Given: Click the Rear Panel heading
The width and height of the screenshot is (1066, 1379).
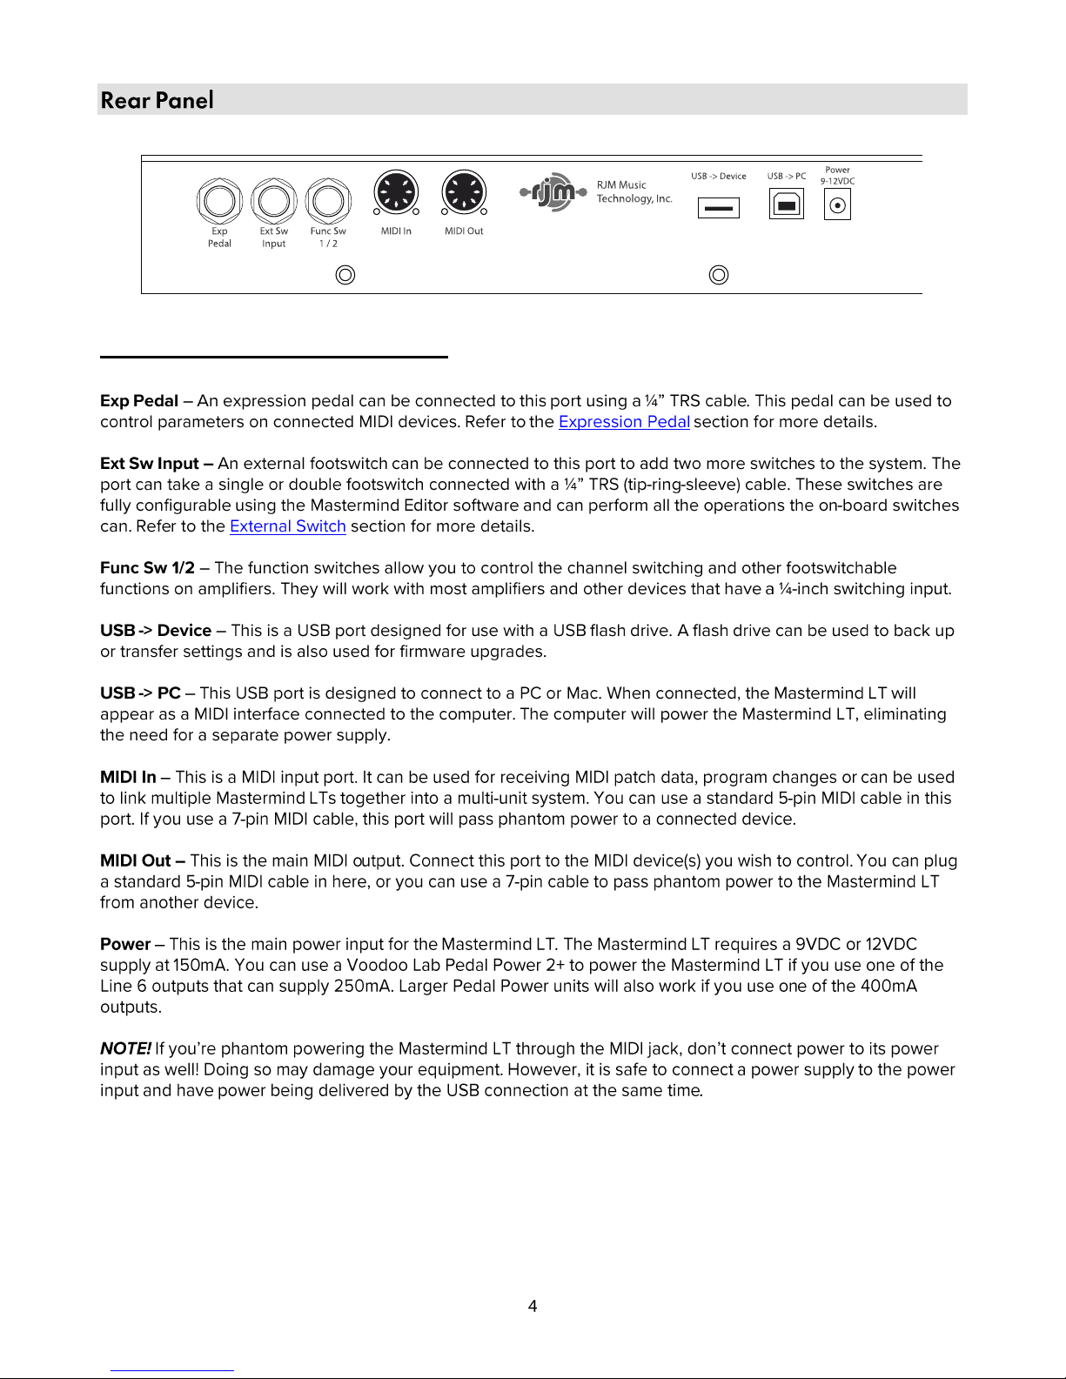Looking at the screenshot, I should point(158,100).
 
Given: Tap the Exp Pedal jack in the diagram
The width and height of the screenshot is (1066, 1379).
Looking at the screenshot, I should point(219,202).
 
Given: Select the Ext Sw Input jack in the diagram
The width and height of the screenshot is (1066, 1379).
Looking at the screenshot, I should point(274,202).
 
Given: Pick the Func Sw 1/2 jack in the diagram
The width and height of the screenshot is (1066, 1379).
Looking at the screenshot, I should point(328,202).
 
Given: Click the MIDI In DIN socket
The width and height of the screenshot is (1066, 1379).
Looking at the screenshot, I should point(396,191).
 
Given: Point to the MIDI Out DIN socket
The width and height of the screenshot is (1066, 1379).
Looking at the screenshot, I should point(464,191).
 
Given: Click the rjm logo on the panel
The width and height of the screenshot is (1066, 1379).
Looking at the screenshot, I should point(553,192).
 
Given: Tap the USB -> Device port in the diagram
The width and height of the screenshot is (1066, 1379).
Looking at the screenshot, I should point(719,208).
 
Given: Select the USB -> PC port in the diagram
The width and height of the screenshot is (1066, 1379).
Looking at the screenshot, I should point(787,204).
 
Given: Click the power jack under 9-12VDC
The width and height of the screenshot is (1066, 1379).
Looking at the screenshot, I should point(837,205).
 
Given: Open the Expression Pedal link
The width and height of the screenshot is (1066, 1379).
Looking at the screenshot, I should point(624,422).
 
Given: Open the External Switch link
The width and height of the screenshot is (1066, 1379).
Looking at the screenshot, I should point(287,526).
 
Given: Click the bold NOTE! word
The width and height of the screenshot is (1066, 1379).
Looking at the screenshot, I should point(125,1048).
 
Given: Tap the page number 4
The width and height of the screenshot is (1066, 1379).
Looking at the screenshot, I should point(533,1306).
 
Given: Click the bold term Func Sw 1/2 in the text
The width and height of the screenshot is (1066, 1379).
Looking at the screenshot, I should point(147,568).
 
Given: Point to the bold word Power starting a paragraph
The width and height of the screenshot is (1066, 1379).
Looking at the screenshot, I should point(125,944).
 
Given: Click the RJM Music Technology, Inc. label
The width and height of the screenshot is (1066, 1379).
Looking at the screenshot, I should point(634,191).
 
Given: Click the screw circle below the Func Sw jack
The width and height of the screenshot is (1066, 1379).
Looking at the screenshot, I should point(345,275).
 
